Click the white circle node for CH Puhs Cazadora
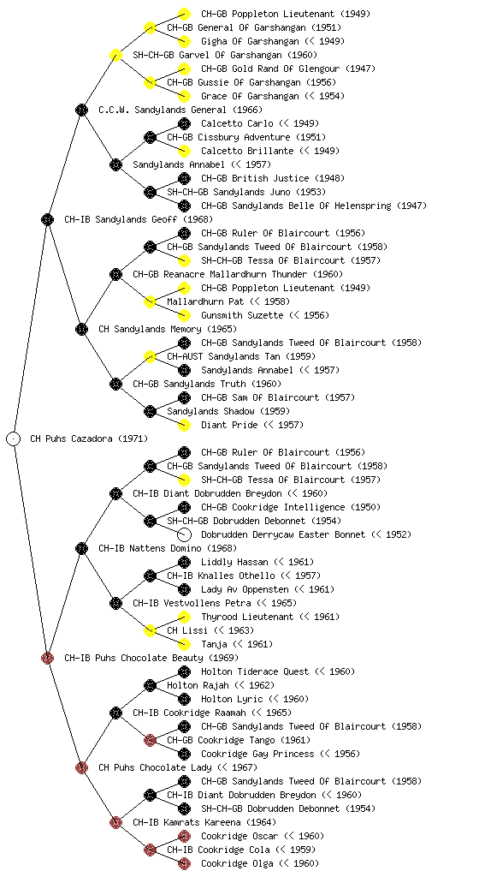(14, 438)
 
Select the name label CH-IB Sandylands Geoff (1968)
(139, 219)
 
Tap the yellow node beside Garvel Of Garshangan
(115, 55)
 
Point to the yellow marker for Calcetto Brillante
(184, 151)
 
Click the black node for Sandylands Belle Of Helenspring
(184, 206)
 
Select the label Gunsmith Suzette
(242, 315)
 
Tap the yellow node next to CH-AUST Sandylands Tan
(150, 356)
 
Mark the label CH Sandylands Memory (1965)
(168, 329)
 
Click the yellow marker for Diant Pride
(184, 425)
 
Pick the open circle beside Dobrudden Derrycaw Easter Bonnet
(184, 534)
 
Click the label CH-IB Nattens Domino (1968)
(168, 548)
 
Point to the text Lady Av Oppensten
(245, 589)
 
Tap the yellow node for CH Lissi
(150, 630)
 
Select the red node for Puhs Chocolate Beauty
(47, 658)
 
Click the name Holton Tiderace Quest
(255, 671)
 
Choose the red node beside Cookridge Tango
(150, 740)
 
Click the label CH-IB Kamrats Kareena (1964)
(204, 822)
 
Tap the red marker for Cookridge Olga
(184, 863)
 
